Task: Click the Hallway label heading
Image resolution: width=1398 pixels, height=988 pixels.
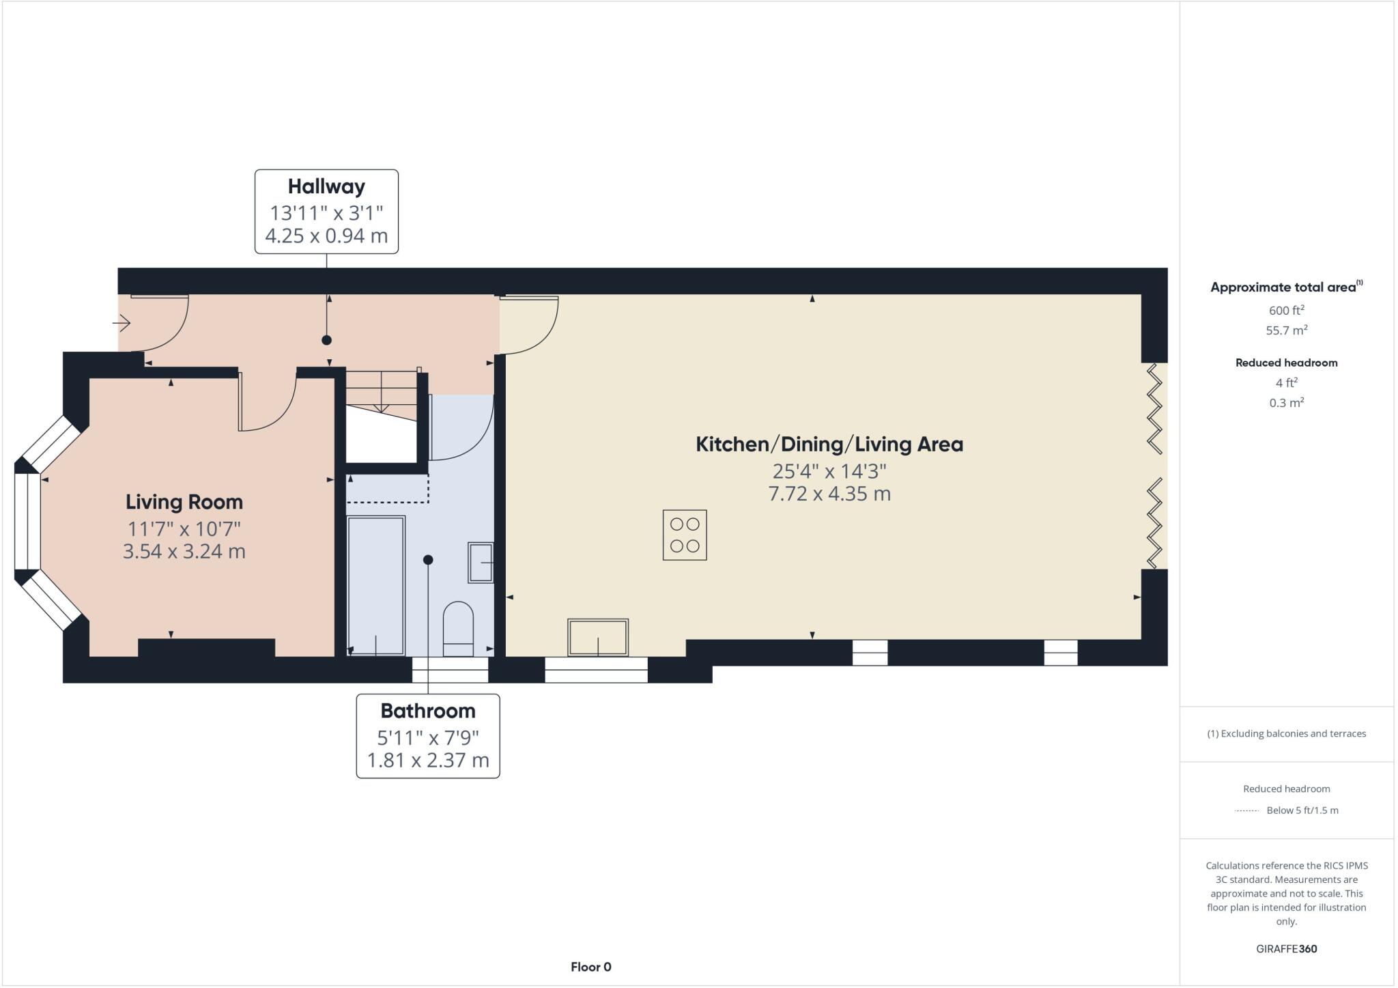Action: tap(326, 186)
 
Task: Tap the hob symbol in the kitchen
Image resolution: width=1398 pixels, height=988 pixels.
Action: tap(685, 535)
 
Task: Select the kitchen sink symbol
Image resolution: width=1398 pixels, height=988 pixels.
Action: tap(598, 637)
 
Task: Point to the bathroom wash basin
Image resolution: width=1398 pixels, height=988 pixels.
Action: tap(481, 563)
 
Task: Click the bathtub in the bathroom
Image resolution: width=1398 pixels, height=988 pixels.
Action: tap(376, 586)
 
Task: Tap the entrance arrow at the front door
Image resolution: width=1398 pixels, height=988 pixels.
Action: tap(122, 322)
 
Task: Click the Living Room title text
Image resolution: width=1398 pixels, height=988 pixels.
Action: tap(184, 502)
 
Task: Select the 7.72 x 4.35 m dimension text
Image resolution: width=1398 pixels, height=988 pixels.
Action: tap(829, 494)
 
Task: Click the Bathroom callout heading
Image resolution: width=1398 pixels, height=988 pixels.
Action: tap(428, 711)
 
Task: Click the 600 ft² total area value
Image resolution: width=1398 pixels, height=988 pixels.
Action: tap(1286, 310)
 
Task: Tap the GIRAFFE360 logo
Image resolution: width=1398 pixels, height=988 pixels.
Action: tap(1286, 948)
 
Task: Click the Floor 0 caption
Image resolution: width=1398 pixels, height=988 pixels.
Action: tap(591, 967)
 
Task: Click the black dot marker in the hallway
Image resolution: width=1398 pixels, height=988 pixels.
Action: tap(327, 340)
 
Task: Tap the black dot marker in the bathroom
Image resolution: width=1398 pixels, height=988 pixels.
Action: tap(428, 560)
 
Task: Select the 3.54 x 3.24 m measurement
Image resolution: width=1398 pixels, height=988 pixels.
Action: tap(184, 551)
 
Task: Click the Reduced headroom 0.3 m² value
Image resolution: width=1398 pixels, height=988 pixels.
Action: tap(1286, 403)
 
